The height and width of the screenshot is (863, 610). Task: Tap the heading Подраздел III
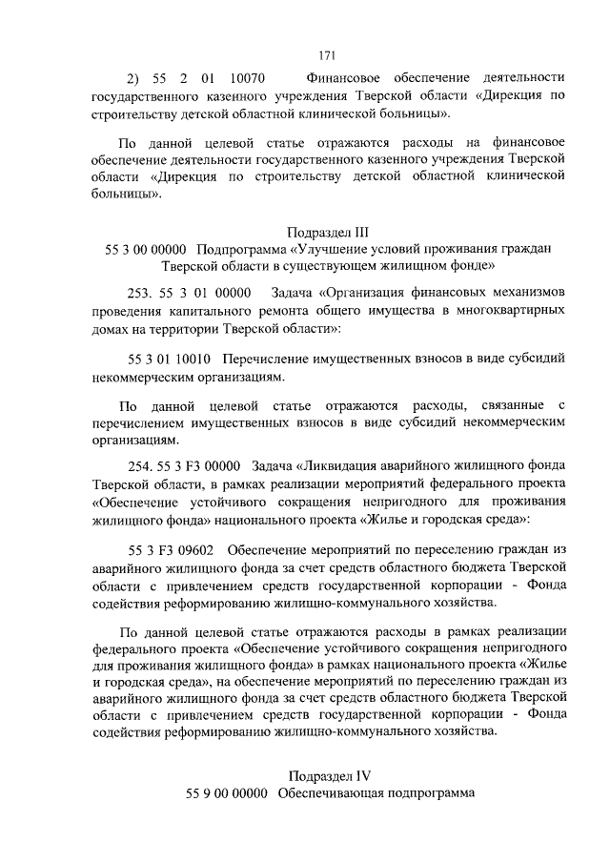click(x=327, y=231)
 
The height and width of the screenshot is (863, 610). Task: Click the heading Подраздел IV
click(x=327, y=775)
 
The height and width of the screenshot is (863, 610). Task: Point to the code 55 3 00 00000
click(x=148, y=250)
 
